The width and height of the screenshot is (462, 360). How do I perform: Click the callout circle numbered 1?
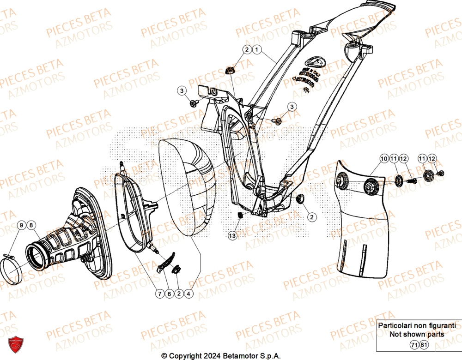pos(257,49)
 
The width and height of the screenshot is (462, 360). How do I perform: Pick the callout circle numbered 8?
pos(31,225)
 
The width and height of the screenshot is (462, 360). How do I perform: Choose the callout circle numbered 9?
pos(21,225)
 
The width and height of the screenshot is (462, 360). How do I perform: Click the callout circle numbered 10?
pos(384,159)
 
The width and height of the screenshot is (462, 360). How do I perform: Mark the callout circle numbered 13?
pos(232,236)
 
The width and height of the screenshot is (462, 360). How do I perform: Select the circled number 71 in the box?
pos(413,345)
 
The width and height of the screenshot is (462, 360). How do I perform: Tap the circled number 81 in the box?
pos(424,345)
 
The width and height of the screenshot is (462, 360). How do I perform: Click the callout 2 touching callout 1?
pos(247,49)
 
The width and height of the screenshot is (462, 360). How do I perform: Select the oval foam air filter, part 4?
pos(187,189)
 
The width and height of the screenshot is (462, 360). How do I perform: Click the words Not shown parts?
pos(416,334)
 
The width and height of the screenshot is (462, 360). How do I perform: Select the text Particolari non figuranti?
pos(416,326)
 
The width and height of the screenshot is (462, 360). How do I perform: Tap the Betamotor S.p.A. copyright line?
pos(220,356)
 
